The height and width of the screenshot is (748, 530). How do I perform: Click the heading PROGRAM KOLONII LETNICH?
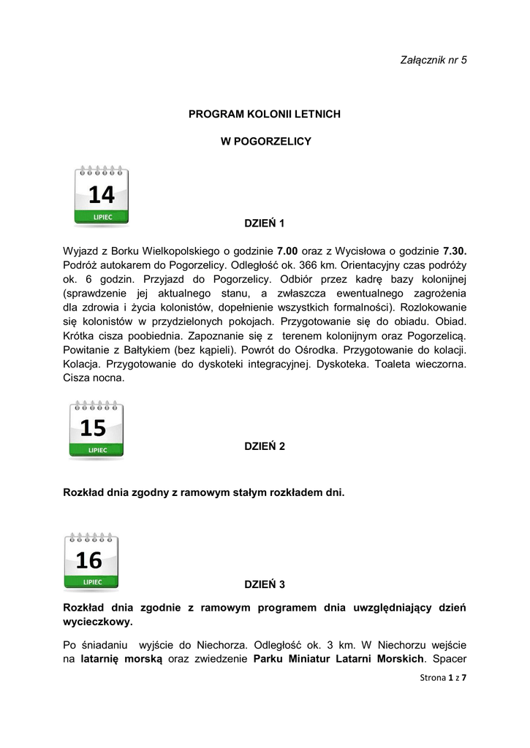[265, 115]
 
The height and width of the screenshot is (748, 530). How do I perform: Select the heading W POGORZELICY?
[265, 142]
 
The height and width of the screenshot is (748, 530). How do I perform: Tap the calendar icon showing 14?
[102, 195]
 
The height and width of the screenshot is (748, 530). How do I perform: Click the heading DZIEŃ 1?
[264, 222]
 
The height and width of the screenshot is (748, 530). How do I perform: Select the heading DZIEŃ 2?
[264, 446]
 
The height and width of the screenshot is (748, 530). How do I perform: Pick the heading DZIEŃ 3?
[264, 584]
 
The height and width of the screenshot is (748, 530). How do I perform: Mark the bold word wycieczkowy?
[98, 622]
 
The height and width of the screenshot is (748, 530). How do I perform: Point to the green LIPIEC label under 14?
[102, 217]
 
